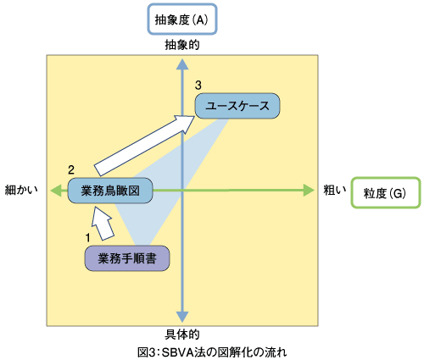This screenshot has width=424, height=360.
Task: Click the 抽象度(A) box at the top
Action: [x=182, y=19]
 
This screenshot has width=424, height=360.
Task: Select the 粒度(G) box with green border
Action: [x=386, y=193]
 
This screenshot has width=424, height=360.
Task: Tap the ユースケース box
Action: [x=237, y=106]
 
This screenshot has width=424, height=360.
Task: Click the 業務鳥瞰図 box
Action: [x=110, y=191]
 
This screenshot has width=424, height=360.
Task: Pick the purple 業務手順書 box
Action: [x=127, y=258]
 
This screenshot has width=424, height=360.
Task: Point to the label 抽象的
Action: [x=182, y=45]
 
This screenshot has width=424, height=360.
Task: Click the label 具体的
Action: [x=182, y=335]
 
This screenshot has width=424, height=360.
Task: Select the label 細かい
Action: [x=21, y=190]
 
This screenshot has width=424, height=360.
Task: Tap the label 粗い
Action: [x=335, y=190]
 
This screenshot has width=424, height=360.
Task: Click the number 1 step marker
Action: [x=88, y=238]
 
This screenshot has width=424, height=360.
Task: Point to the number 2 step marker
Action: [x=71, y=169]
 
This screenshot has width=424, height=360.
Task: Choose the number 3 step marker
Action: [x=198, y=85]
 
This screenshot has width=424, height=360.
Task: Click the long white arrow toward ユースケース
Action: [x=144, y=146]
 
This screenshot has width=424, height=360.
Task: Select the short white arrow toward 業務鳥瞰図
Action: [x=103, y=224]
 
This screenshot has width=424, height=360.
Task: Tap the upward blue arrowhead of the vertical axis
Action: [x=182, y=64]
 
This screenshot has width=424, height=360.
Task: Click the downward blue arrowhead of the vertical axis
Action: [x=182, y=317]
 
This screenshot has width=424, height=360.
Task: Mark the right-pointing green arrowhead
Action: [x=309, y=190]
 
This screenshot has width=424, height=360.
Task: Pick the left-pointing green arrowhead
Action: [x=56, y=190]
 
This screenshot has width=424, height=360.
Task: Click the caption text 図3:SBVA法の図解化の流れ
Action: [x=212, y=352]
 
